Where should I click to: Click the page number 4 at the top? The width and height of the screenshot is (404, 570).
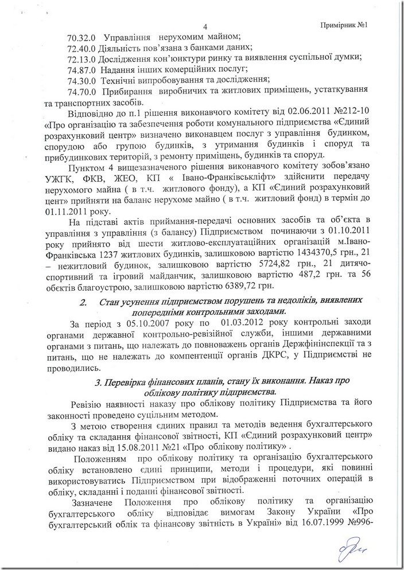(x=205, y=26)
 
